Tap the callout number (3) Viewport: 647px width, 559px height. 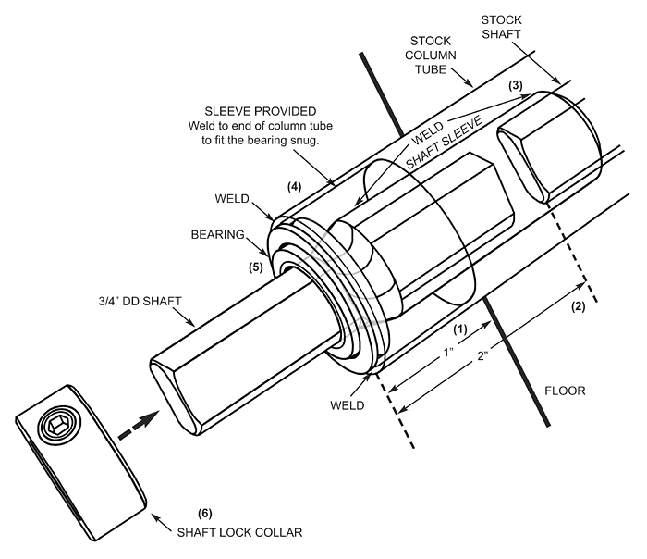516,86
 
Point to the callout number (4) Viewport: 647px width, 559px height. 295,186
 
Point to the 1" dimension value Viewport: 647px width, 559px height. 446,353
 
